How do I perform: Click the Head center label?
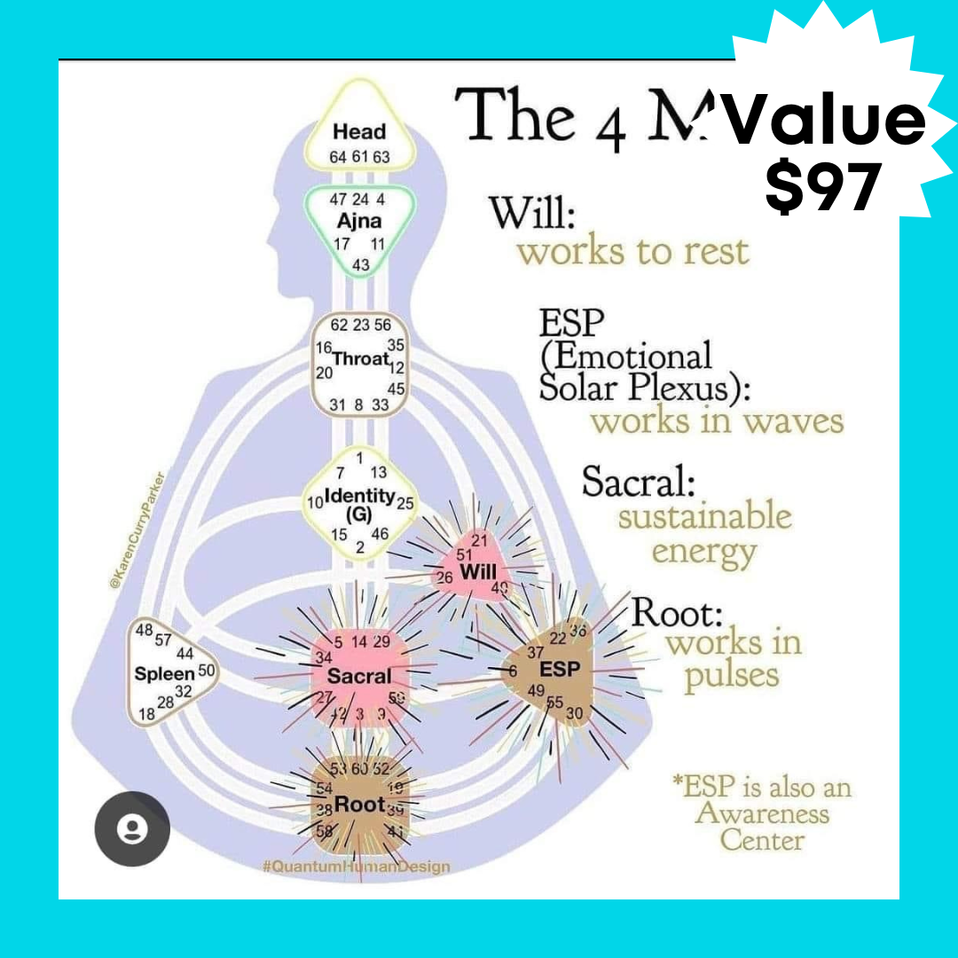tap(359, 132)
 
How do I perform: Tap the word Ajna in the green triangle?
tap(359, 221)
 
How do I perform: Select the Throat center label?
tap(361, 359)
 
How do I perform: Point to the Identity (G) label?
tap(359, 502)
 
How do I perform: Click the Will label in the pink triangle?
tap(477, 573)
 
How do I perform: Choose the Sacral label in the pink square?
tap(359, 676)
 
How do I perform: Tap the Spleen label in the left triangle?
tap(164, 673)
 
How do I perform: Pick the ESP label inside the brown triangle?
tap(559, 669)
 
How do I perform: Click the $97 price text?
tap(823, 186)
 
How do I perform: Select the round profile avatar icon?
tap(133, 828)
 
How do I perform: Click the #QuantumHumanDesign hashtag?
tap(356, 867)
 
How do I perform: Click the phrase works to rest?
tap(633, 251)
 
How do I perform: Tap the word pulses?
tap(731, 676)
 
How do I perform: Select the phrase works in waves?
tap(717, 420)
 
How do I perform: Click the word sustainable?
tap(704, 515)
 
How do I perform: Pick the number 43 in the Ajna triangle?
tap(361, 264)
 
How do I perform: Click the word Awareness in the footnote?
tap(762, 813)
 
